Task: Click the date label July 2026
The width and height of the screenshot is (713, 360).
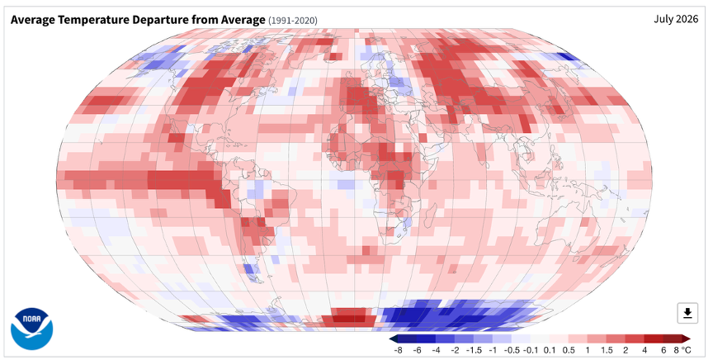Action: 676,19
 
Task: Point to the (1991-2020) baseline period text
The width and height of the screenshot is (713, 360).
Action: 293,21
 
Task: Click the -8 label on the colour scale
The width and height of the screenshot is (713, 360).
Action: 399,350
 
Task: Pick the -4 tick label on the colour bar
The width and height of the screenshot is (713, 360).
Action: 437,350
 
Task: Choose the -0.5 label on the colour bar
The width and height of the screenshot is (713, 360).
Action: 512,350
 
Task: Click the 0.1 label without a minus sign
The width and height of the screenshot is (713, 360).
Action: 550,350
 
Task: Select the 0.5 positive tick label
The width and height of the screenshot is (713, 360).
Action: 569,350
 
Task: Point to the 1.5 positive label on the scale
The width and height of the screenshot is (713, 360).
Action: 607,350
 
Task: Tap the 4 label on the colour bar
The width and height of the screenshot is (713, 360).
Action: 645,350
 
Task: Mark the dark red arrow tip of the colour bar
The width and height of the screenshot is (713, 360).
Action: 689,339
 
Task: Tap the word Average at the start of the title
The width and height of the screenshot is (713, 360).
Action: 32,20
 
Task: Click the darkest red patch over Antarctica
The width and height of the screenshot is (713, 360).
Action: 350,316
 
